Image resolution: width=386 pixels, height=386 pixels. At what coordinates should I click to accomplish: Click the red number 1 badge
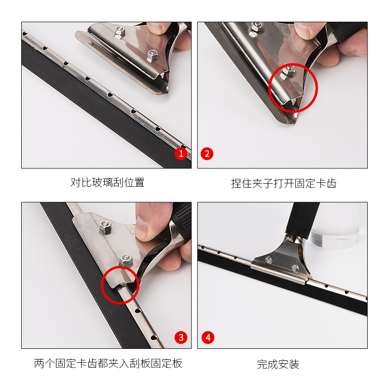[x=181, y=153]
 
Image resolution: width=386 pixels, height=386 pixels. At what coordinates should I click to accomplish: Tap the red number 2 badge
[x=207, y=153]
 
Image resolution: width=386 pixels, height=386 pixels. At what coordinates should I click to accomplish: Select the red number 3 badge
[x=181, y=337]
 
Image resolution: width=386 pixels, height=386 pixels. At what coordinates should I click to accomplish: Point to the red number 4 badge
[x=208, y=337]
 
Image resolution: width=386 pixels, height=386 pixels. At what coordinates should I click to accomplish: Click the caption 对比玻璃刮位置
[x=107, y=182]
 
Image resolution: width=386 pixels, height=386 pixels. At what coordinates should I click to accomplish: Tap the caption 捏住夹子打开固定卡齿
[x=284, y=183]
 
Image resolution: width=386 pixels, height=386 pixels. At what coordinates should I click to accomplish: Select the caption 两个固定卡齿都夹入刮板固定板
[x=108, y=363]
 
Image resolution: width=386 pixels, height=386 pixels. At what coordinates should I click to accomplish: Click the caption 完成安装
[x=278, y=364]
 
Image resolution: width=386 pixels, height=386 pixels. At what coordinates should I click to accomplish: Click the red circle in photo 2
[x=269, y=88]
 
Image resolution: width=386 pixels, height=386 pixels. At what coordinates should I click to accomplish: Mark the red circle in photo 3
[x=102, y=285]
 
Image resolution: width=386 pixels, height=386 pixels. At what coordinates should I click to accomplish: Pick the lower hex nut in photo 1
[x=152, y=56]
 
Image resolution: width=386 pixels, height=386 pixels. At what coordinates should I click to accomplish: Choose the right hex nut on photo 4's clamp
[x=295, y=268]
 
